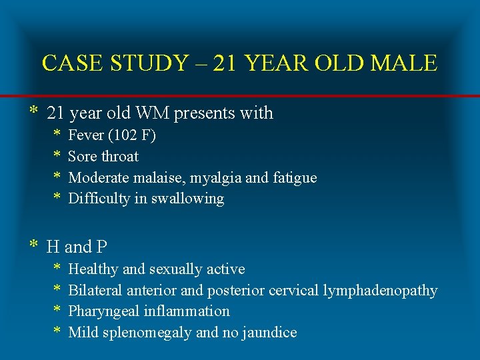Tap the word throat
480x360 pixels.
pyautogui.click(x=121, y=157)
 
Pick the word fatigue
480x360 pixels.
pyautogui.click(x=292, y=178)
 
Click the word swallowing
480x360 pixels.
pyautogui.click(x=193, y=199)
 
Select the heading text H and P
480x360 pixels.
pyautogui.click(x=77, y=247)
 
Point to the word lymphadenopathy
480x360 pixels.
pyautogui.click(x=380, y=291)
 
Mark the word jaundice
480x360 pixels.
pyautogui.click(x=270, y=333)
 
